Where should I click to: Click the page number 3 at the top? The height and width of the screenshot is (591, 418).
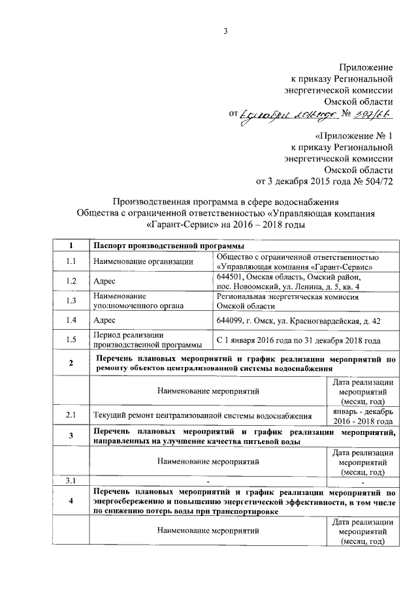point(225,30)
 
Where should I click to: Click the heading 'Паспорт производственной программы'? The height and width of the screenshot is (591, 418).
point(169,246)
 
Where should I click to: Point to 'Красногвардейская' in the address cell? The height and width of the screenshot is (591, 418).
point(317,320)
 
